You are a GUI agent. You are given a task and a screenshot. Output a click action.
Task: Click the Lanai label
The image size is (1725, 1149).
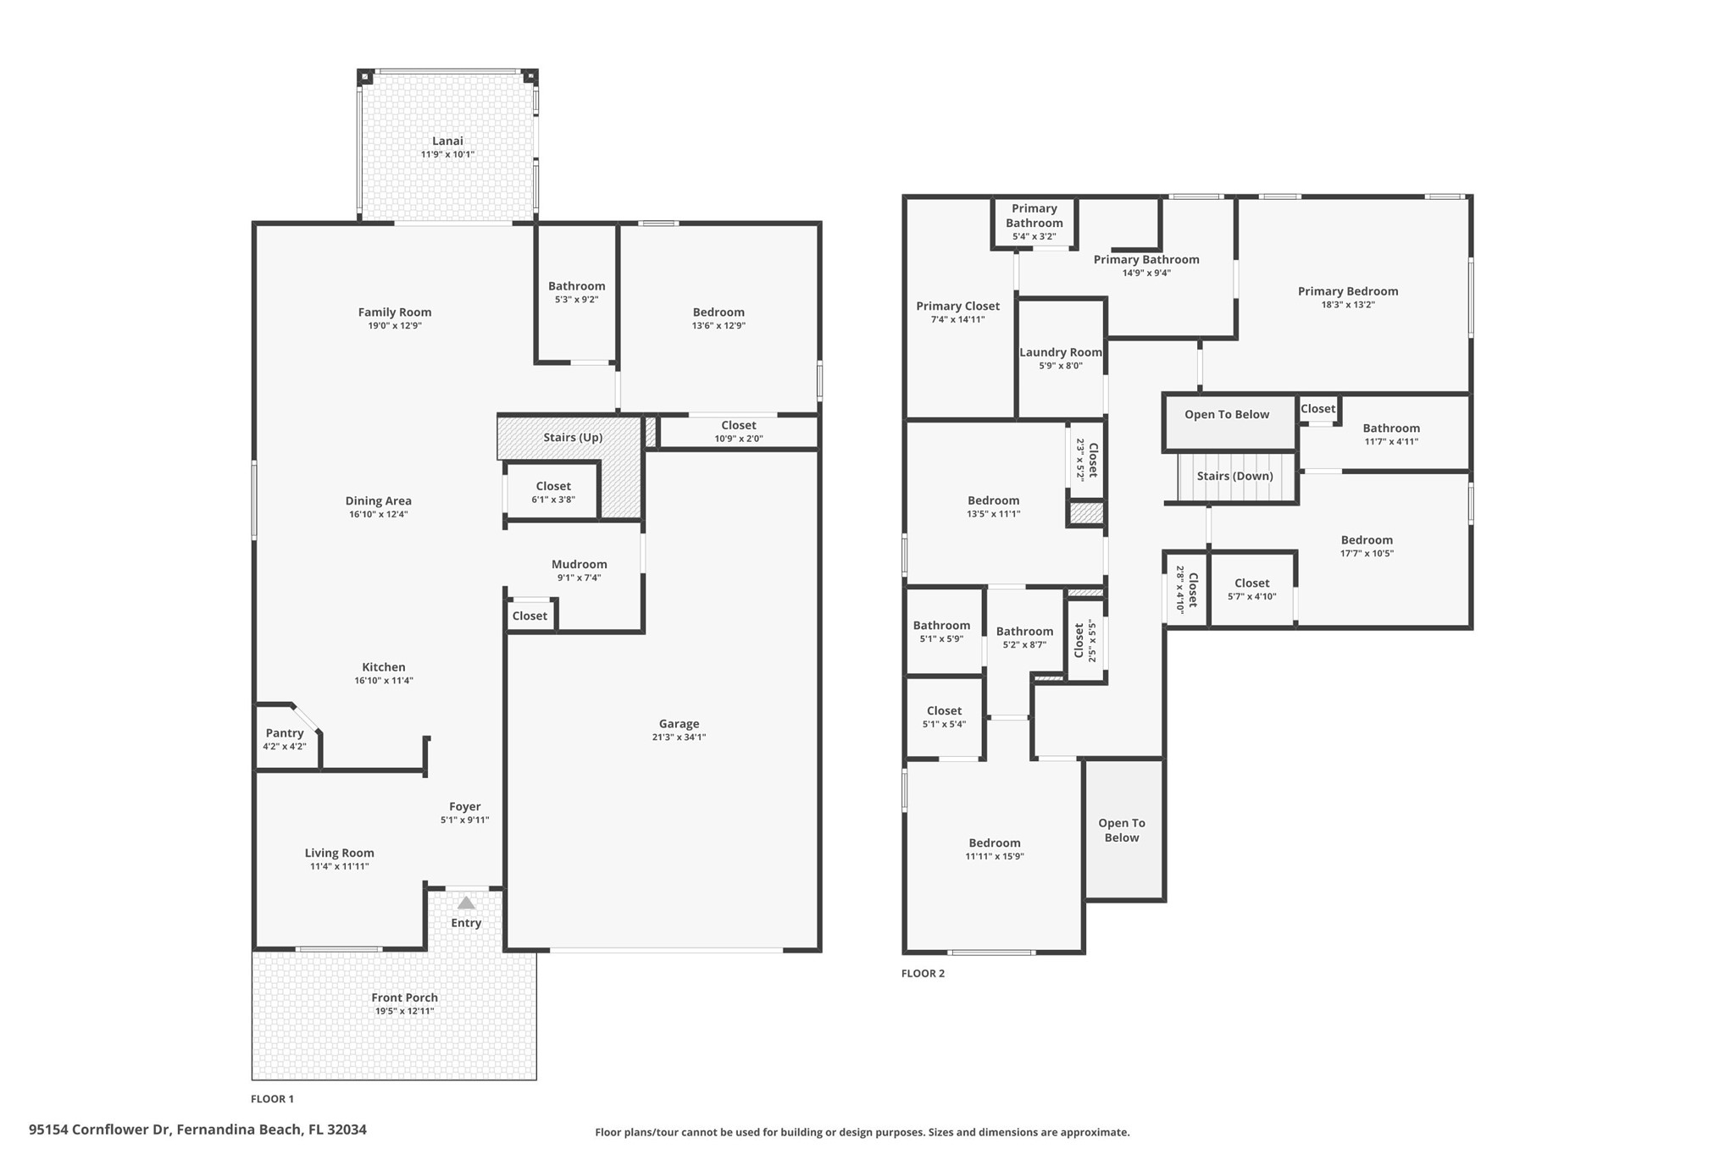click(447, 141)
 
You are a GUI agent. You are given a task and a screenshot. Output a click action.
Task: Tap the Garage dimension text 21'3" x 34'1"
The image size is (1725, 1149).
click(679, 737)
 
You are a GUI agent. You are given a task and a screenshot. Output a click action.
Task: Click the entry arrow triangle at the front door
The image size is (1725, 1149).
click(466, 903)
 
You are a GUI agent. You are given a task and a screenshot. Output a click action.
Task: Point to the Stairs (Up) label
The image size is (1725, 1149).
click(573, 438)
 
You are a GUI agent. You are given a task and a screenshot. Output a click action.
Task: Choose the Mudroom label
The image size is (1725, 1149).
click(579, 565)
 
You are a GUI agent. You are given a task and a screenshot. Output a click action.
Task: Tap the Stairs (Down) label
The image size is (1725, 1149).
click(1234, 476)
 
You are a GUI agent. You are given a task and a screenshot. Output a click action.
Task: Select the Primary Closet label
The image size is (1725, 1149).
click(957, 307)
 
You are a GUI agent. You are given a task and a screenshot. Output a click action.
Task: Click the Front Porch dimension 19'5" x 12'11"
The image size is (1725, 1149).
click(404, 1011)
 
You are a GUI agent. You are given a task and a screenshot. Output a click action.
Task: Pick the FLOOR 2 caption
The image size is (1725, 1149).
click(923, 974)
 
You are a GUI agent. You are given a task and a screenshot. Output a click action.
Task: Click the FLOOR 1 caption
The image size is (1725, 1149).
click(272, 1099)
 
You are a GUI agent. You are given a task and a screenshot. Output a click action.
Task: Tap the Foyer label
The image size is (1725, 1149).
click(465, 807)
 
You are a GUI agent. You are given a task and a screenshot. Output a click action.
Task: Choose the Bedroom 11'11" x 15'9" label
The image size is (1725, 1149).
click(995, 843)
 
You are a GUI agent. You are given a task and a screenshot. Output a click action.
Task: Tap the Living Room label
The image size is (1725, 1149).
click(339, 853)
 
